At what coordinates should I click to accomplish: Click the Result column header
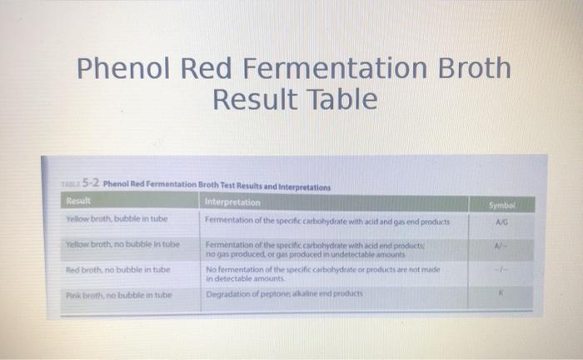(80, 201)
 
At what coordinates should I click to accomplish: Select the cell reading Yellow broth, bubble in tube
(117, 219)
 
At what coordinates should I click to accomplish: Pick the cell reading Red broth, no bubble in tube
(117, 270)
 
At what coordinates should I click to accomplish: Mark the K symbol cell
(498, 294)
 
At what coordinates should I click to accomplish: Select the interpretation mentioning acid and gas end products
(327, 222)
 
